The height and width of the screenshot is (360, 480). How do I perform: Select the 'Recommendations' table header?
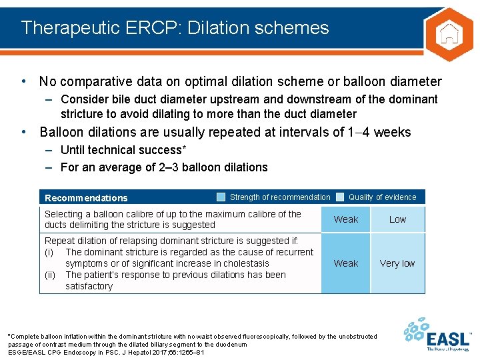[x=86, y=198]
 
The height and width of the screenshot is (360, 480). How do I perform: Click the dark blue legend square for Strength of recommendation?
[x=221, y=197]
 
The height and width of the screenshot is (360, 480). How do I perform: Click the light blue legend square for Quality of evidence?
[x=340, y=197]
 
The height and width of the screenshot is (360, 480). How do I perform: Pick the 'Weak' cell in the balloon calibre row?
[x=345, y=219]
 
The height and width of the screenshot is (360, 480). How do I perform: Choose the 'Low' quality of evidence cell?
[x=397, y=219]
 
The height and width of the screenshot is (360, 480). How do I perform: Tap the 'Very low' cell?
[x=397, y=263]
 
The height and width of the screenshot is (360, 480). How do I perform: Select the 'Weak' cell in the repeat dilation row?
[x=345, y=263]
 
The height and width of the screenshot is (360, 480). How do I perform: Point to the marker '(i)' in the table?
[x=49, y=252]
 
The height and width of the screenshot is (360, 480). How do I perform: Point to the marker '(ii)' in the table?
[x=50, y=275]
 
